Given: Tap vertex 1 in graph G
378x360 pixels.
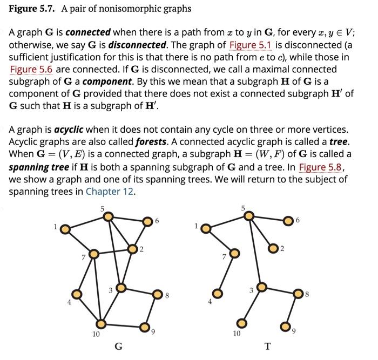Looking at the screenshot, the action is pyautogui.click(x=64, y=229).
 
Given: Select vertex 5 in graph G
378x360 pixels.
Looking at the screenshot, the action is pyautogui.click(x=108, y=216).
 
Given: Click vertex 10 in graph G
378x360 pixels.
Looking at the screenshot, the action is pyautogui.click(x=100, y=322).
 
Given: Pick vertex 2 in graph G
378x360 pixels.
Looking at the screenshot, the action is pyautogui.click(x=132, y=249).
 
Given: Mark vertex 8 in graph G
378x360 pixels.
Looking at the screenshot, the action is pyautogui.click(x=157, y=294).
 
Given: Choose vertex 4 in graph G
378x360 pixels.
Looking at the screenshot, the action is pyautogui.click(x=77, y=294).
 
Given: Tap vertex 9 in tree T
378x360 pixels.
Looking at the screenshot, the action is pyautogui.click(x=285, y=326).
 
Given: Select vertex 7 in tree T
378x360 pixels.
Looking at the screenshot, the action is pyautogui.click(x=234, y=253).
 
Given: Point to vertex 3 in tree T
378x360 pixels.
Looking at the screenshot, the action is pyautogui.click(x=261, y=288).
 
